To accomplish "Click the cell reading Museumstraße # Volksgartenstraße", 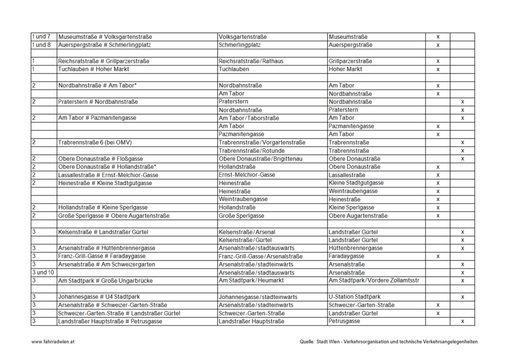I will pyautogui.click(x=105, y=37).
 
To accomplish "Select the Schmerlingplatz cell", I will pyautogui.click(x=236, y=45).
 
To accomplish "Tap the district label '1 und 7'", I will pyautogui.click(x=41, y=37).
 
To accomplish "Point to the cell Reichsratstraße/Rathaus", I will pyautogui.click(x=251, y=61).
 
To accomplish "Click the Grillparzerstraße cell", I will pyautogui.click(x=350, y=61).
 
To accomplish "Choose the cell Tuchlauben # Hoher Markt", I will pyautogui.click(x=93, y=69).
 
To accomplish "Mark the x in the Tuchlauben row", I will pyautogui.click(x=438, y=69).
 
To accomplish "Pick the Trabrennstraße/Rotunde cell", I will pyautogui.click(x=251, y=151).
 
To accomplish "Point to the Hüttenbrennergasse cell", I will pyautogui.click(x=355, y=248).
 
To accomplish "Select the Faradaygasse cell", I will pyautogui.click(x=347, y=256).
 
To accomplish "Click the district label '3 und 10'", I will pyautogui.click(x=43, y=273).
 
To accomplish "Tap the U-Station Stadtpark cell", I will pyautogui.click(x=354, y=297).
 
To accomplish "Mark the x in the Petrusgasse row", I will pyautogui.click(x=462, y=321).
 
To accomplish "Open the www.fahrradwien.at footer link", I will pyautogui.click(x=52, y=342).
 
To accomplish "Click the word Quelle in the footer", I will pyautogui.click(x=308, y=342).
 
